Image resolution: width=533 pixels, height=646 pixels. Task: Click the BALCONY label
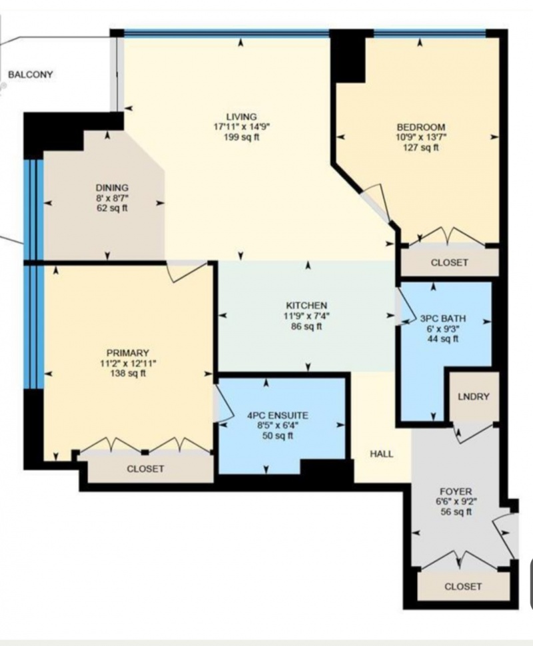click(31, 75)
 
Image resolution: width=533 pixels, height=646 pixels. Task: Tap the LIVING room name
click(241, 117)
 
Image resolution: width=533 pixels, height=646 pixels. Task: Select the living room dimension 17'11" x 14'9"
click(241, 127)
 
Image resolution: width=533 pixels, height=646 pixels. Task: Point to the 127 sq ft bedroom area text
click(421, 147)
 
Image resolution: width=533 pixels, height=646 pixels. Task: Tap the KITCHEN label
click(306, 306)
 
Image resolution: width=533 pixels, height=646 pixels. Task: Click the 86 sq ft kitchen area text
click(306, 326)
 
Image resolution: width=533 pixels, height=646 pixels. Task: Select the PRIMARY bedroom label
click(128, 353)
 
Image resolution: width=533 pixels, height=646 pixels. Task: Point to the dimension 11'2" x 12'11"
click(128, 364)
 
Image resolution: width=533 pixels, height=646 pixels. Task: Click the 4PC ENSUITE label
click(277, 416)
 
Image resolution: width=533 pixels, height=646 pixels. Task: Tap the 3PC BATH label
click(443, 318)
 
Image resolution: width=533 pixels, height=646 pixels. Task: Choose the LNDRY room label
click(474, 396)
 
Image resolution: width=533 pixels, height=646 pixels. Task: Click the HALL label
click(381, 454)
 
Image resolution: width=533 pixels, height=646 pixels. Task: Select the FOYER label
click(456, 491)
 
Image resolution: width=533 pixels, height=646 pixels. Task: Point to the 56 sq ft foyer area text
click(456, 512)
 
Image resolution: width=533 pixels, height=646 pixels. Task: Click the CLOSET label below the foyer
click(463, 586)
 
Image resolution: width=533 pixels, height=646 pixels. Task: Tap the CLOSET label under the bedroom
click(449, 262)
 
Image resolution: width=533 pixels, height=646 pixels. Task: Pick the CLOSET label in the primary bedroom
click(145, 469)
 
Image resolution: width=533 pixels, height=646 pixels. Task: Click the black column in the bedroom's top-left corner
click(348, 57)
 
